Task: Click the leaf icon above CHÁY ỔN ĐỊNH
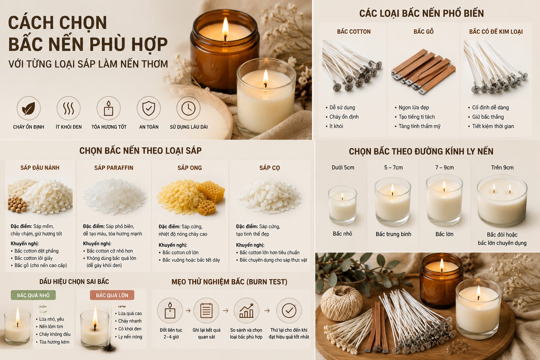point(28,108)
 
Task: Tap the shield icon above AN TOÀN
point(148,108)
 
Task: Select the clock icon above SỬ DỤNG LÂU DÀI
point(188,108)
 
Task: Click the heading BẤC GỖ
point(424,32)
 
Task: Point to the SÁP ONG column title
point(190,168)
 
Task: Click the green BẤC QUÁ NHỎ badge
point(33,295)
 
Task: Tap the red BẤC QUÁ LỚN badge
point(112,295)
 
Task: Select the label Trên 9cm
point(502,168)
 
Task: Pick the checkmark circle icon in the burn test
point(289,310)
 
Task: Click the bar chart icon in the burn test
point(246,310)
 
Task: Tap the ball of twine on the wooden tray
point(341,303)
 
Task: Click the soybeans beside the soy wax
point(17,205)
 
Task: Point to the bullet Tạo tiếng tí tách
point(417,117)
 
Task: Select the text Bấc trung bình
point(393,234)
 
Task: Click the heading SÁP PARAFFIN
point(114,168)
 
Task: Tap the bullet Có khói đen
point(130,329)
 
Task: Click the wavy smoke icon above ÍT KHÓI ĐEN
point(69,108)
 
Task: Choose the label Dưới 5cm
point(343,168)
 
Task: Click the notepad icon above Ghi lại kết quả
point(206,310)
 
